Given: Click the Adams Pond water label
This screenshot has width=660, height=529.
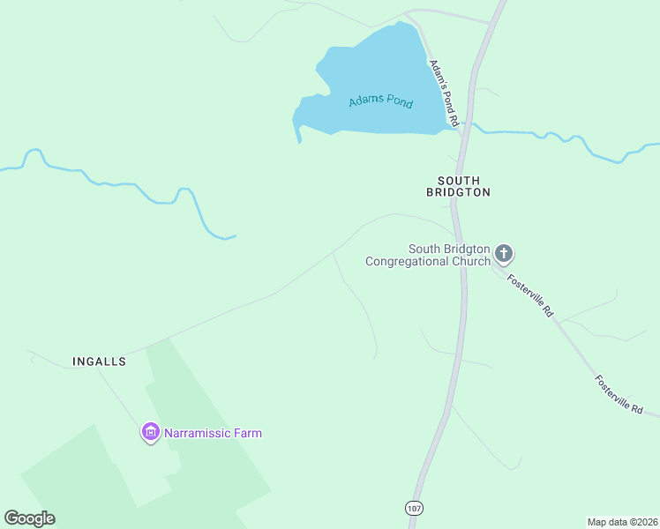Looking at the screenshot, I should click(x=380, y=101).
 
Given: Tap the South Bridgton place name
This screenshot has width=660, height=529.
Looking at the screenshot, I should click(x=458, y=186).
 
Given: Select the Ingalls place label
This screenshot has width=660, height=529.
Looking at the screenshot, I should click(x=99, y=361).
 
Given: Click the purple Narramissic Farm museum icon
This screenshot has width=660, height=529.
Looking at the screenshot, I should click(x=151, y=433).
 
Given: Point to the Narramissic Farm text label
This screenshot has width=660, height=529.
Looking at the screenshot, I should click(x=213, y=433).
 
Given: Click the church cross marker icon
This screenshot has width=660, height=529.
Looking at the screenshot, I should click(x=504, y=255).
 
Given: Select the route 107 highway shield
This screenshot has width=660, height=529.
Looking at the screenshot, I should click(x=414, y=508).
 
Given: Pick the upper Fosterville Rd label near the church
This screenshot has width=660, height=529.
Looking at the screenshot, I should click(x=529, y=295).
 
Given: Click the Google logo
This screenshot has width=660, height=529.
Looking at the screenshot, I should click(x=29, y=518).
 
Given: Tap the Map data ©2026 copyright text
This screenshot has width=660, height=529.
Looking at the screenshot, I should click(x=621, y=521).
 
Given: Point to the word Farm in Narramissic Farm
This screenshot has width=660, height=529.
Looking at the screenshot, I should click(x=248, y=433).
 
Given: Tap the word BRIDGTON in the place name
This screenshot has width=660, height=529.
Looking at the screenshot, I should click(x=458, y=192).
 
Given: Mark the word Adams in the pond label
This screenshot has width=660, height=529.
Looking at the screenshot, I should click(x=364, y=101).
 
